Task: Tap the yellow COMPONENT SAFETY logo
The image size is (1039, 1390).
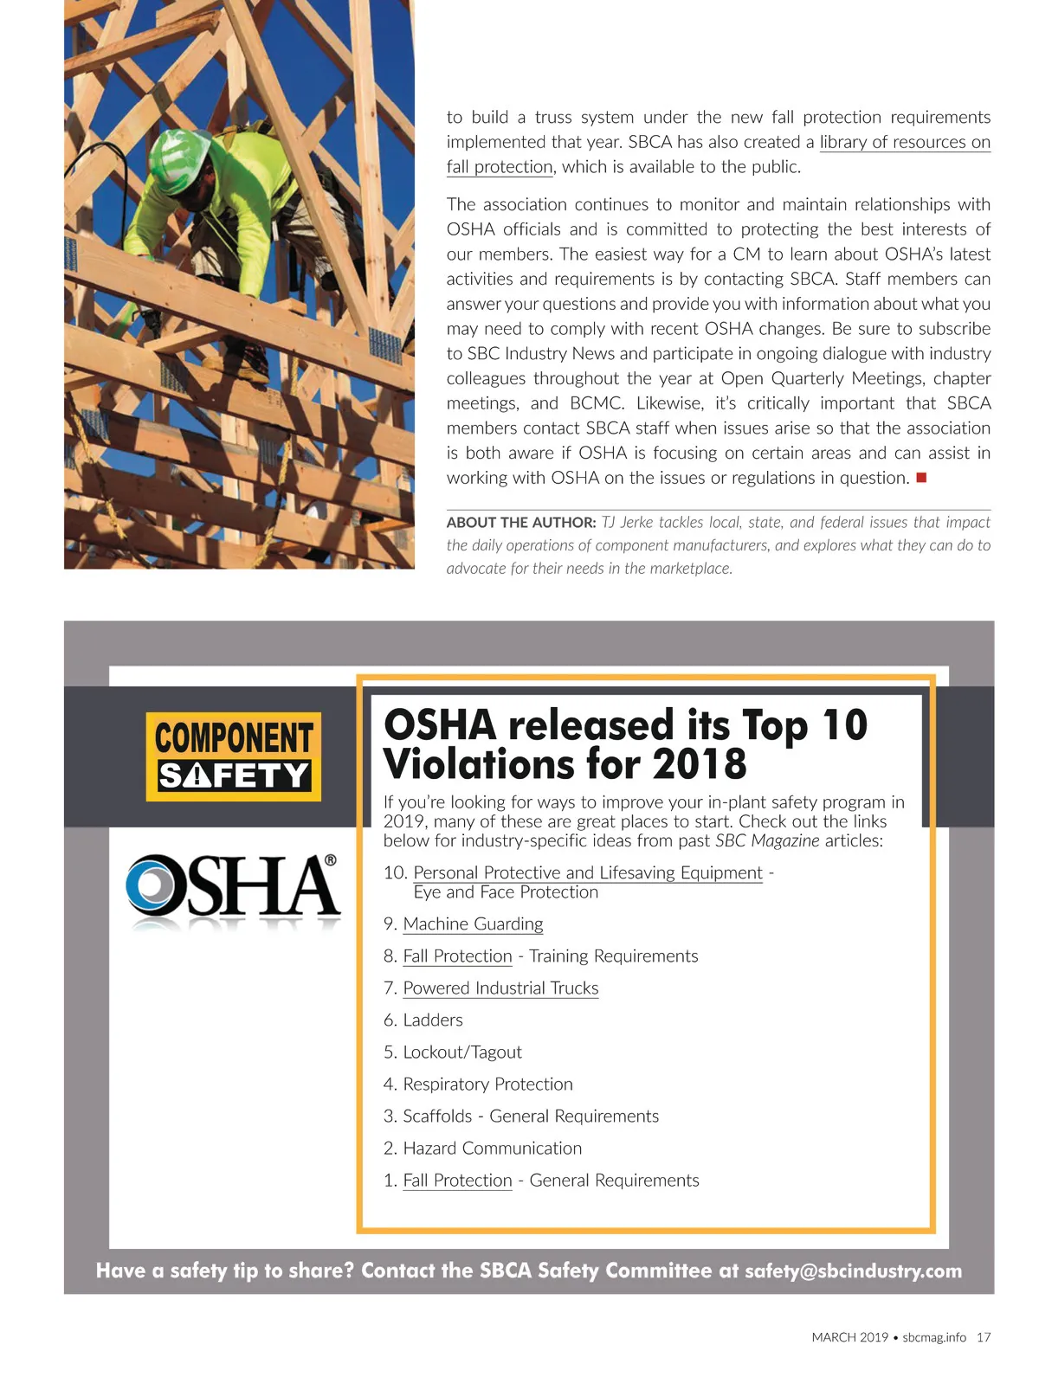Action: [233, 756]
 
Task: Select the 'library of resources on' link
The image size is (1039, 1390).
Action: [905, 142]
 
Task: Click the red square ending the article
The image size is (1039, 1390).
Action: [921, 478]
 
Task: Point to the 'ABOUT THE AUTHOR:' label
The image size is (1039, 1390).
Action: [521, 523]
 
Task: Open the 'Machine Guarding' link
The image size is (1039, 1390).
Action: [473, 924]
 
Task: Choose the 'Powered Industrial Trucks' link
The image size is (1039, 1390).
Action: [500, 988]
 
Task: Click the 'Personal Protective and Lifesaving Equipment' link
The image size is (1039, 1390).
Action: [588, 872]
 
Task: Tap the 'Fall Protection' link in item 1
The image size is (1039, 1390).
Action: [457, 1181]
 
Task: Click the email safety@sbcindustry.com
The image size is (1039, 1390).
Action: [853, 1271]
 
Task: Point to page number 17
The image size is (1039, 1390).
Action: [984, 1337]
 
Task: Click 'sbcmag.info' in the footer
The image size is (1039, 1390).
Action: [934, 1337]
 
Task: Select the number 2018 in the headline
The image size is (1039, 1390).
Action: [700, 764]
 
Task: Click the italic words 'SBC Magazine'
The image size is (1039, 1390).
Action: [766, 841]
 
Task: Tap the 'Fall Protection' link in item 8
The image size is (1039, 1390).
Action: [457, 956]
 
